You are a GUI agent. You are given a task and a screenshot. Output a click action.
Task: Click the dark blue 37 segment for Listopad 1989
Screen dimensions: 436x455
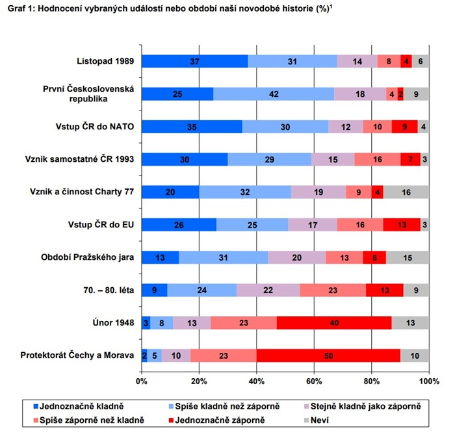pos(194,61)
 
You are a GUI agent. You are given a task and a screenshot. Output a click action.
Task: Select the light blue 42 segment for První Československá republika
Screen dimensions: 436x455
pos(274,94)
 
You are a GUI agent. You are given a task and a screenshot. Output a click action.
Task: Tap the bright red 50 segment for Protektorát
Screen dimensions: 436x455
pos(328,355)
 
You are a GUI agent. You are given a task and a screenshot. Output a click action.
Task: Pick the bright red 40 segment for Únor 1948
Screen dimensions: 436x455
pos(334,322)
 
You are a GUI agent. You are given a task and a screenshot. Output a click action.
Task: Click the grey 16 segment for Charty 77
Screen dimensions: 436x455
pos(406,192)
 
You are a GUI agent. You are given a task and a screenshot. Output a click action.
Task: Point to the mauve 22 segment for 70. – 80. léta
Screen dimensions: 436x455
pos(268,290)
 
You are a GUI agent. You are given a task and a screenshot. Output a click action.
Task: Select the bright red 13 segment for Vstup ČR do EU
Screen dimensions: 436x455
pos(402,224)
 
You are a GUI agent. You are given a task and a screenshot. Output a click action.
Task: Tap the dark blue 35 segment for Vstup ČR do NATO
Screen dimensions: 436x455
pos(192,126)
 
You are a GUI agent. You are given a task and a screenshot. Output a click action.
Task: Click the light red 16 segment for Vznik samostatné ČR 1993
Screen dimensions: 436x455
pos(377,159)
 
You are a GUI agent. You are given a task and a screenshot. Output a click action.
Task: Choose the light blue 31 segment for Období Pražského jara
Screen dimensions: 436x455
pos(223,257)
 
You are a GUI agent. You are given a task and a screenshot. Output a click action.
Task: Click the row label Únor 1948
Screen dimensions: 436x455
pos(112,322)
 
